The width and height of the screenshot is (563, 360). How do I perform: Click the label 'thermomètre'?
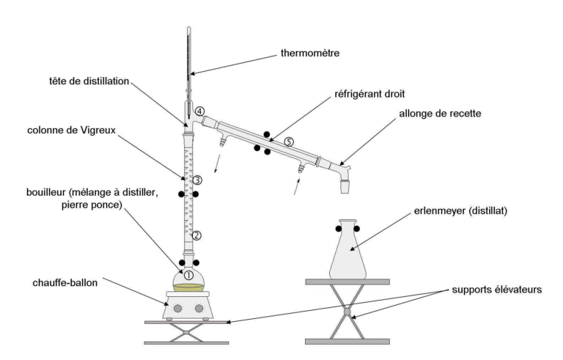click(311, 54)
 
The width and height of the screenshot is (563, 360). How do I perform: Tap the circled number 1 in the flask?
click(188, 275)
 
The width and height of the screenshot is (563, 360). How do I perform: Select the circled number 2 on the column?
click(196, 235)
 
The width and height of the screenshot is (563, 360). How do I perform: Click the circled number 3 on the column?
click(197, 180)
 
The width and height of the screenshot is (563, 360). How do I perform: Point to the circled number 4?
click(200, 111)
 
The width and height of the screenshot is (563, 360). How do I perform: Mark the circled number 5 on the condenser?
click(289, 142)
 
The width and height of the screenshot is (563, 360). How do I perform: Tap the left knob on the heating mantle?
click(177, 309)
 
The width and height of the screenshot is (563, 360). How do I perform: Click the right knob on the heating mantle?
click(199, 309)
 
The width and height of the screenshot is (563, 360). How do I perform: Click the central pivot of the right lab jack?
click(347, 311)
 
